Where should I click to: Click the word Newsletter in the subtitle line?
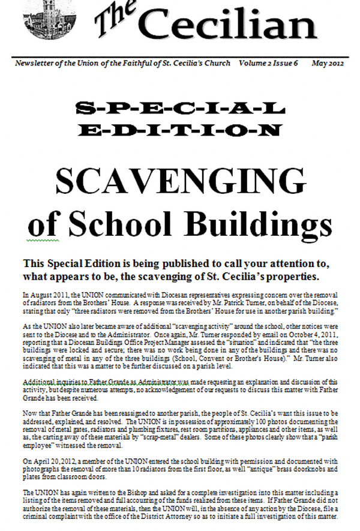[37, 63]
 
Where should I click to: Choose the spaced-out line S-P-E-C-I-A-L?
[179, 109]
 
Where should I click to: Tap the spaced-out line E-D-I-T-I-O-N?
[179, 129]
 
